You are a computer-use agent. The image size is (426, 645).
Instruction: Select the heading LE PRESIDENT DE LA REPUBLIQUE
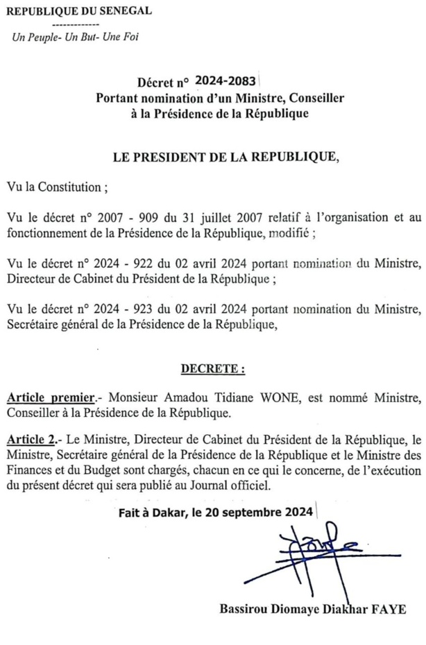click(x=226, y=157)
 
